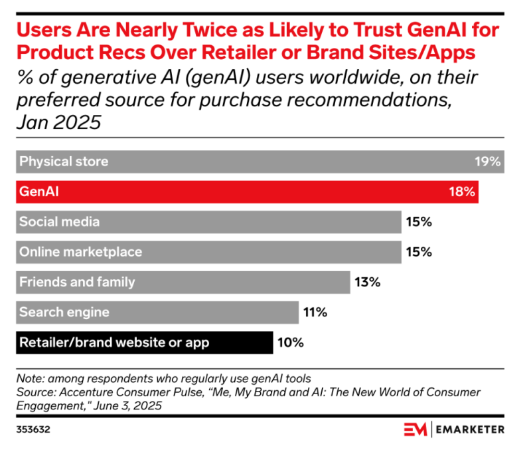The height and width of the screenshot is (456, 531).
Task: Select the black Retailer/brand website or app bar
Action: click(143, 343)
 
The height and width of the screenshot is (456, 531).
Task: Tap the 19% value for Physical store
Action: click(487, 162)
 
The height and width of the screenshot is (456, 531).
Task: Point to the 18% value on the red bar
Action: click(462, 192)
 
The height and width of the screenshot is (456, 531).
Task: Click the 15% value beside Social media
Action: click(419, 222)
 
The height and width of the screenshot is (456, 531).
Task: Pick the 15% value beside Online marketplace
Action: click(419, 252)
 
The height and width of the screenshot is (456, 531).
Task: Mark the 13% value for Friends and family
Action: click(367, 282)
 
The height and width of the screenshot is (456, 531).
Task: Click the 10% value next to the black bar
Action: click(291, 343)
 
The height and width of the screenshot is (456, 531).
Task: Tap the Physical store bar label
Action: click(64, 162)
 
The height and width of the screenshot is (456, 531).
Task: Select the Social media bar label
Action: click(60, 222)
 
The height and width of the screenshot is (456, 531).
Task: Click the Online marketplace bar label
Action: click(80, 252)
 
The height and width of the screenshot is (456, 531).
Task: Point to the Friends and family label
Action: click(77, 282)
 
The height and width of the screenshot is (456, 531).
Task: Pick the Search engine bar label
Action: click(64, 312)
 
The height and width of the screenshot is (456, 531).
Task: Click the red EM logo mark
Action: click(415, 429)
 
